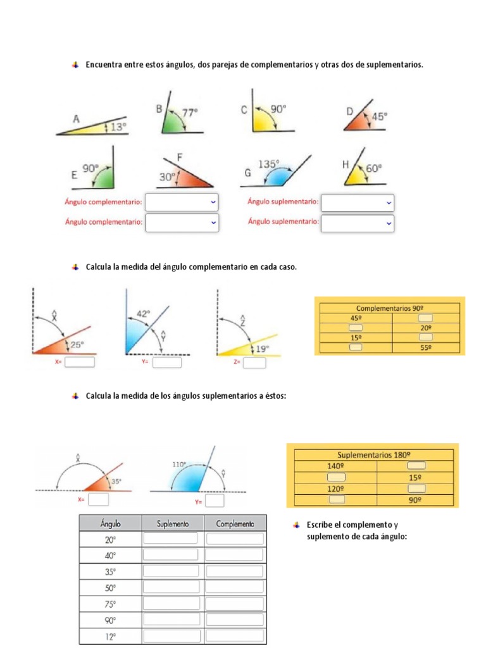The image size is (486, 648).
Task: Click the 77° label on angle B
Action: pos(190,111)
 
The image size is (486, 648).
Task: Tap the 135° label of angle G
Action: pos(268,164)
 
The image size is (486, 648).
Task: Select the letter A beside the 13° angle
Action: pos(76,118)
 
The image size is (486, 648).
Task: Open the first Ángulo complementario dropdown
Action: pos(182,202)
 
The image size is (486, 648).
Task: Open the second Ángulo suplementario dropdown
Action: pos(358,222)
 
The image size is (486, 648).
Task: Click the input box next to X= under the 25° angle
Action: pos(79,362)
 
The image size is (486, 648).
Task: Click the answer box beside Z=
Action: pos(254,363)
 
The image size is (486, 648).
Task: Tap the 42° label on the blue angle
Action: pos(144,313)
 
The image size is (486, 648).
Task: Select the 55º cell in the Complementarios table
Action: pos(426,347)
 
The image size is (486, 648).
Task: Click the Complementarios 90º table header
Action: pos(390,308)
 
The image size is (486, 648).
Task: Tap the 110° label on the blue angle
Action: pos(179,464)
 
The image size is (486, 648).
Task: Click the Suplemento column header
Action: pos(172,524)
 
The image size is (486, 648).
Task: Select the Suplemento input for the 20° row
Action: pos(171,539)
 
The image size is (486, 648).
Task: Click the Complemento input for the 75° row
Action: pos(235,604)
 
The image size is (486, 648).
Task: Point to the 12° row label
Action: pos(110,636)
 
